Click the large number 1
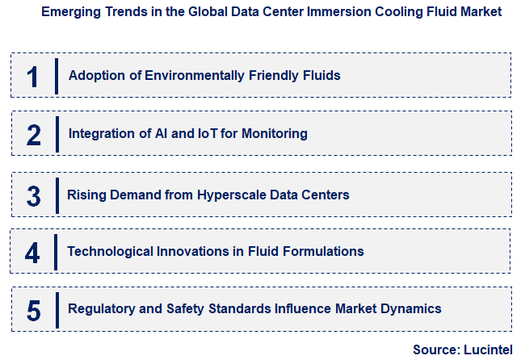(x=32, y=77)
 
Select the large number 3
(x=33, y=195)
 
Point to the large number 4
(x=32, y=253)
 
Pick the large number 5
(x=33, y=310)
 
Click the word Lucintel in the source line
(x=487, y=350)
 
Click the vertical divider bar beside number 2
(x=57, y=134)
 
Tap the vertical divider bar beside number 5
(x=57, y=309)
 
